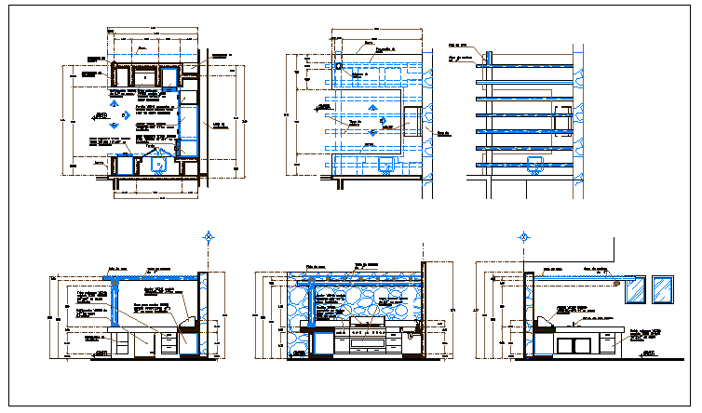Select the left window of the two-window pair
636,289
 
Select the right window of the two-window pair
664,289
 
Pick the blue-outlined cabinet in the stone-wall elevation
322,344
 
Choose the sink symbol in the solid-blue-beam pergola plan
533,166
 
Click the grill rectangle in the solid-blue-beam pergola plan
562,121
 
